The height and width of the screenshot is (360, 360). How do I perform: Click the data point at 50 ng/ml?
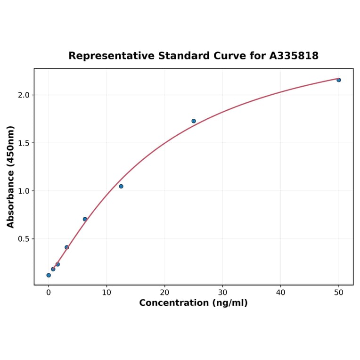(x=339, y=80)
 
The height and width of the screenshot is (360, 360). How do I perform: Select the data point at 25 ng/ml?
(x=194, y=121)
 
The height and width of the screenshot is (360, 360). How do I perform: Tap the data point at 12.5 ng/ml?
(x=121, y=186)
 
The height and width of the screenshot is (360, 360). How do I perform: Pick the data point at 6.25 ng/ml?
(x=85, y=219)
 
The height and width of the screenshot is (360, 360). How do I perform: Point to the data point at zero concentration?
(x=49, y=275)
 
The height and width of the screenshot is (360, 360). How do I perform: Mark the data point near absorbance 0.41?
(x=67, y=247)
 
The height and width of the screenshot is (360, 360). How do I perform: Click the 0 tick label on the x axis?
(x=49, y=293)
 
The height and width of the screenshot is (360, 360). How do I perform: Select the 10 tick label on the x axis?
(x=106, y=293)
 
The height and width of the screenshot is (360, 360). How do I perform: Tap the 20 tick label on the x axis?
(x=164, y=293)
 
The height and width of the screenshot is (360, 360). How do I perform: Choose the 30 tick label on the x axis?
(x=223, y=293)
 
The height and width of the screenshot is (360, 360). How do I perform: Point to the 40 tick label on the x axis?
(x=281, y=293)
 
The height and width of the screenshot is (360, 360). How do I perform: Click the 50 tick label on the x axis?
(x=339, y=293)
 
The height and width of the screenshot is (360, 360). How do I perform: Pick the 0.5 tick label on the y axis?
(x=24, y=239)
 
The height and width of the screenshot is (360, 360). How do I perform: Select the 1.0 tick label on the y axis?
(x=24, y=191)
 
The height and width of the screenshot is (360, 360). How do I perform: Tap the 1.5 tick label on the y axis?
(x=24, y=143)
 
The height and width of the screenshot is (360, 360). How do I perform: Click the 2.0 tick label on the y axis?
(x=24, y=95)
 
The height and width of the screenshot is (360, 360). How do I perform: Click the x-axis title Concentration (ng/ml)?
(x=193, y=303)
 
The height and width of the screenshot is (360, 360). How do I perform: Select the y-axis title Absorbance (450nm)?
(x=11, y=177)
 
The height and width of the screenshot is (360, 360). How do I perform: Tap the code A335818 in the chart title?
(x=294, y=56)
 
